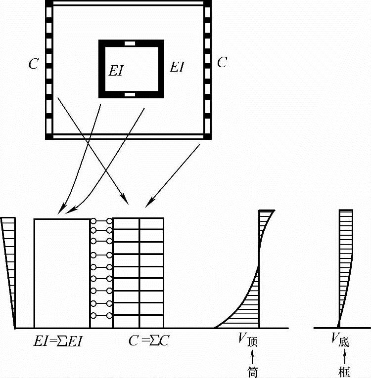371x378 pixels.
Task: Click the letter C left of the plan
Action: [33, 64]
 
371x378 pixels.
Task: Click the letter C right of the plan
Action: [223, 63]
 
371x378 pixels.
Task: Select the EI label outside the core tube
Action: [177, 67]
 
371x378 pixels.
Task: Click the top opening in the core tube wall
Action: [130, 43]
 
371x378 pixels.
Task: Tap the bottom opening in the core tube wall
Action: [130, 94]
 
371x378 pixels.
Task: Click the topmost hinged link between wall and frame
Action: [101, 221]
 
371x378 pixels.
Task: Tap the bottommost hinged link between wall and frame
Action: [101, 315]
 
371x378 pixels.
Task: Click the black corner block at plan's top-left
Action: [48, 4]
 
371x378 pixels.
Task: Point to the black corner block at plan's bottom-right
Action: [208, 136]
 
